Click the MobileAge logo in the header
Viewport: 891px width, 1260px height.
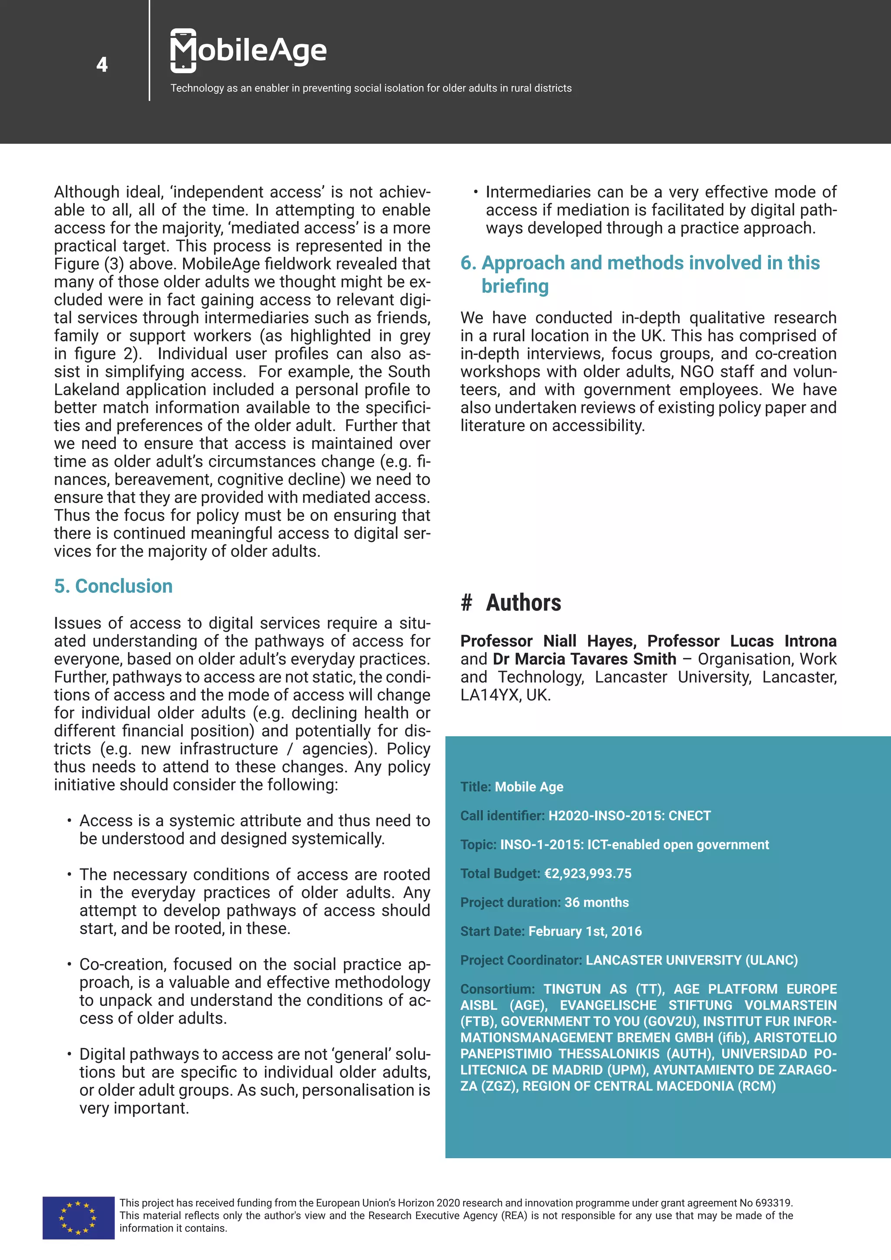pos(248,50)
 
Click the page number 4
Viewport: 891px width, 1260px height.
pos(102,65)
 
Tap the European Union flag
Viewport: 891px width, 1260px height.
pos(78,1217)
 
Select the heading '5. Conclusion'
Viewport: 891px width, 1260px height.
pos(113,586)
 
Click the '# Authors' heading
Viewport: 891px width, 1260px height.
pos(511,603)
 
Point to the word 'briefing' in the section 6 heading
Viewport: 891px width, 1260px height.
pos(515,286)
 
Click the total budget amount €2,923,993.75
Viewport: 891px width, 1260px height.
pos(588,873)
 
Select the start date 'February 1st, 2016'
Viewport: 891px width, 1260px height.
pos(585,931)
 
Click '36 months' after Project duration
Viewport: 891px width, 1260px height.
pos(596,902)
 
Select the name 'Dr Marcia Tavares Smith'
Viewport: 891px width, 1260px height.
pos(584,659)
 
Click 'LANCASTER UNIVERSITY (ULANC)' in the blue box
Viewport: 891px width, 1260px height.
pos(691,960)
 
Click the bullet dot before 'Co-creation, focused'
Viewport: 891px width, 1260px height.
pos(69,964)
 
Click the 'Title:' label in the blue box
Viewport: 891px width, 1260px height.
pos(476,787)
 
